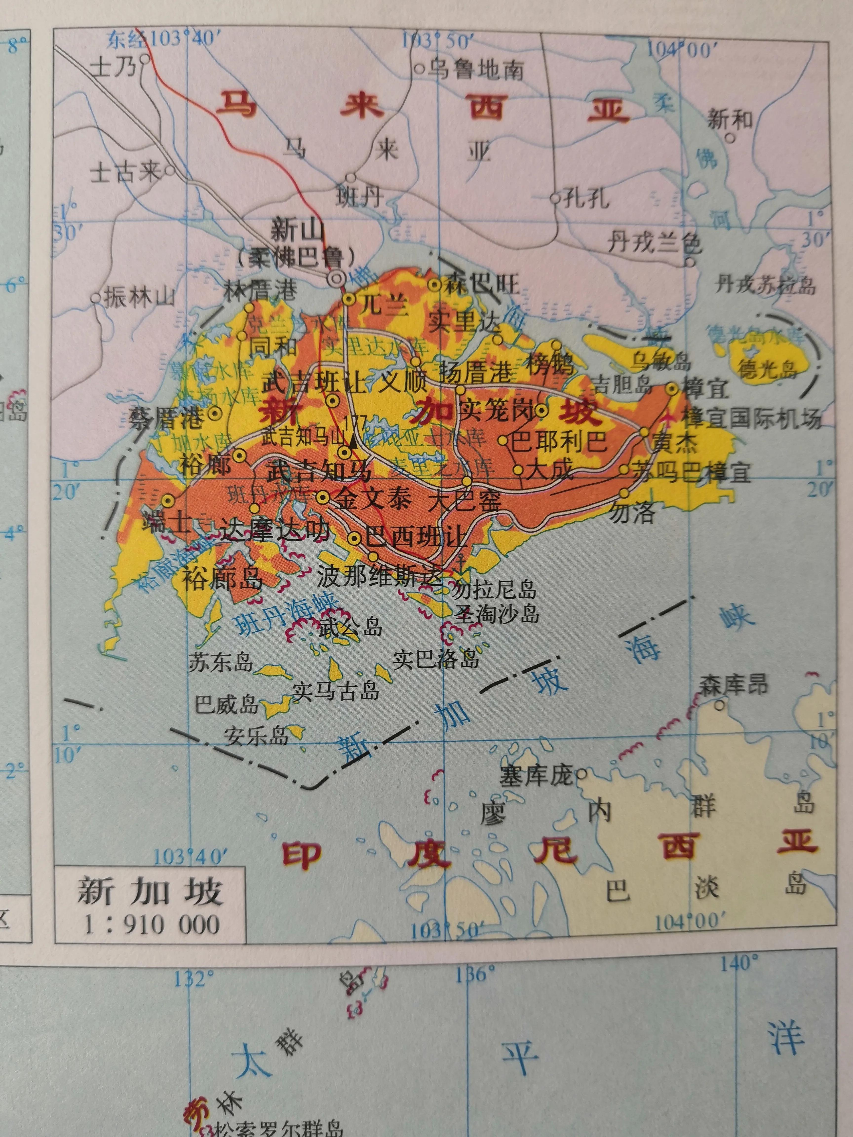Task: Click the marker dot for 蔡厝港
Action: click(214, 413)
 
